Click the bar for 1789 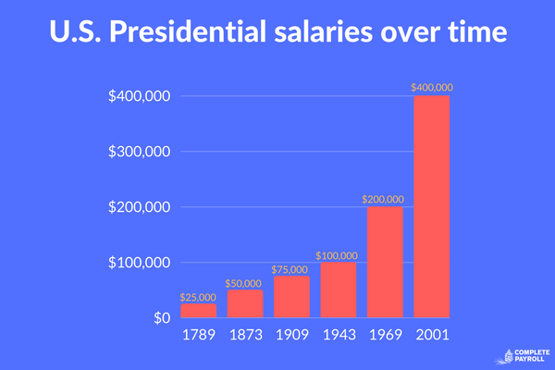pos(198,311)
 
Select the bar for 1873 pos(244,304)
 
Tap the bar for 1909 pos(291,297)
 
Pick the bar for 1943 pos(339,290)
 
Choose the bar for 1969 pos(385,263)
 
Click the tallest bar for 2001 pos(432,207)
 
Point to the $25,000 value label pos(198,297)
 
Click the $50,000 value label pos(244,283)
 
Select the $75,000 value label pos(291,269)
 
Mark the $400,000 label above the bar pos(432,88)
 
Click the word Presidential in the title pos(207,35)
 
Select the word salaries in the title pos(352,35)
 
